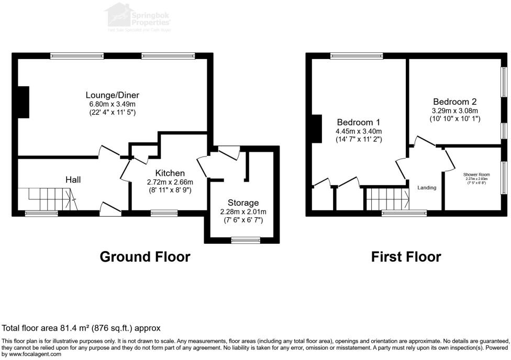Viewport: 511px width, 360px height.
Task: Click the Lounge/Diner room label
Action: click(113, 95)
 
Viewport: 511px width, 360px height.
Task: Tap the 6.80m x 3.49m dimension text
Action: click(113, 104)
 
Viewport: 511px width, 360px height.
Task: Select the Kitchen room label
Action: click(170, 173)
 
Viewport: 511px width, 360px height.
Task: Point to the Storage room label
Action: click(243, 203)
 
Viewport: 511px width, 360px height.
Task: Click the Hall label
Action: click(73, 179)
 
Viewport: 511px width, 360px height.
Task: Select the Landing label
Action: click(427, 187)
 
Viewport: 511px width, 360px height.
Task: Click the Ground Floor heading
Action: click(145, 257)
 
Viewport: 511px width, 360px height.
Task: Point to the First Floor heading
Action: click(406, 257)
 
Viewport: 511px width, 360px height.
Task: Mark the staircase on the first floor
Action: click(387, 199)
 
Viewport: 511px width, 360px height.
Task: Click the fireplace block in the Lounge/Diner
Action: click(24, 99)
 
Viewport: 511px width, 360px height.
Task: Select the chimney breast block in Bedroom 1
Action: click(317, 129)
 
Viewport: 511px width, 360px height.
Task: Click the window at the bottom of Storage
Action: click(242, 240)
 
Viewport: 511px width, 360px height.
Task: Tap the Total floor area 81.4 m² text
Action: click(81, 328)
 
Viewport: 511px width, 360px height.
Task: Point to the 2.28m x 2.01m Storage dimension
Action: click(243, 212)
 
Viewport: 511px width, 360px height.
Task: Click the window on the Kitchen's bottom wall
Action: click(163, 213)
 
